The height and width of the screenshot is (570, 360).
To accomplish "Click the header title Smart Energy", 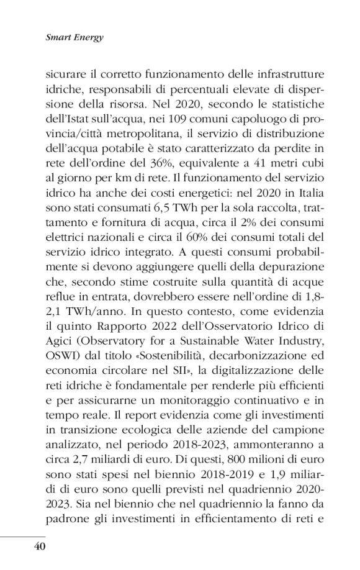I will [x=74, y=37].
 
